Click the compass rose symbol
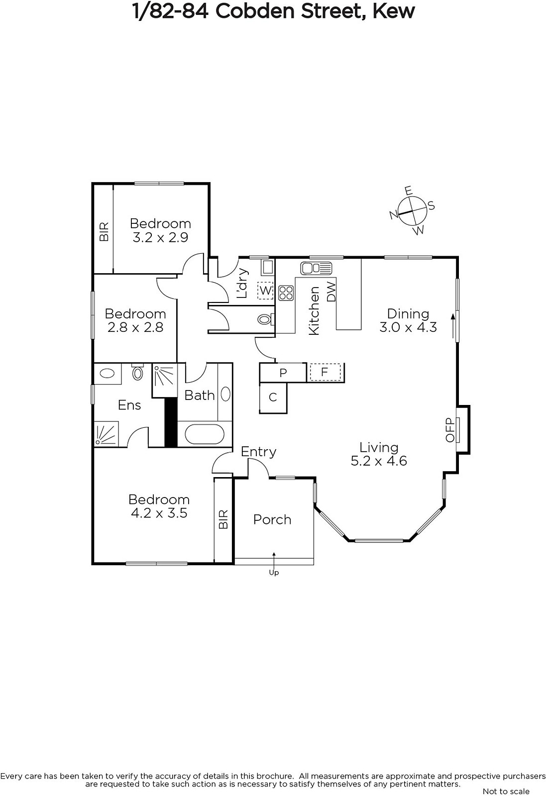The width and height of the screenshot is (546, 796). point(412,210)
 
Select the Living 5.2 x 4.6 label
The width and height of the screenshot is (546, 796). point(379,454)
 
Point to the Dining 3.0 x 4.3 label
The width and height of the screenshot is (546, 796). point(408,320)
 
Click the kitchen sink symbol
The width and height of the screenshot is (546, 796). point(316,268)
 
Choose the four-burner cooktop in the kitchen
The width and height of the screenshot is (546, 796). point(286,293)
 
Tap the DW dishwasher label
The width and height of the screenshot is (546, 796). point(331,292)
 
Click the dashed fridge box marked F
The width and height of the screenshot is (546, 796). point(325,372)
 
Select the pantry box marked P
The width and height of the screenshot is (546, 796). point(283,373)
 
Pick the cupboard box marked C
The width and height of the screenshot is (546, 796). point(273,398)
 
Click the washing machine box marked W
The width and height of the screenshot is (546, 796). point(265,291)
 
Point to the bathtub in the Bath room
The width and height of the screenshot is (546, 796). point(205,434)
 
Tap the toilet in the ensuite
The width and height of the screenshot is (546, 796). point(137,372)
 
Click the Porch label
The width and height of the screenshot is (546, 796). point(272,520)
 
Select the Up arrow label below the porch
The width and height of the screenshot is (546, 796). point(274,573)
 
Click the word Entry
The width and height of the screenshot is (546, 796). point(258,452)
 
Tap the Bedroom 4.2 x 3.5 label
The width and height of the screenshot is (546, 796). point(159,506)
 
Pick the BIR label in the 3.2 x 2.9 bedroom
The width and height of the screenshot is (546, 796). point(104,232)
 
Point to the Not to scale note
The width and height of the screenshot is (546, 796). point(506,791)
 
